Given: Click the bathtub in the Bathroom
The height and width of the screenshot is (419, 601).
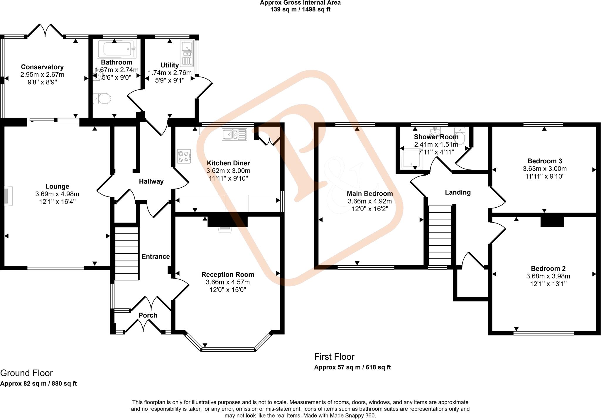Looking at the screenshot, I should [x=117, y=49].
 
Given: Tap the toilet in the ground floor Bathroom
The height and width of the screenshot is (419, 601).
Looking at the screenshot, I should [x=102, y=99].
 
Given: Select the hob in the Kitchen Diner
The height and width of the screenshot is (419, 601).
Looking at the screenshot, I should [x=184, y=157].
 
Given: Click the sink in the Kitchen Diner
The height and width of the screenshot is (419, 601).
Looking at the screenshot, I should [x=234, y=135].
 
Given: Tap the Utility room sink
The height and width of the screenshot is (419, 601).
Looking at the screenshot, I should [x=187, y=53].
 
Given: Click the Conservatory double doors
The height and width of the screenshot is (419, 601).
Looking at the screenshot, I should [x=45, y=30].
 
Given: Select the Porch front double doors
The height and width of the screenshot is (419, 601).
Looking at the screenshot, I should [x=143, y=325].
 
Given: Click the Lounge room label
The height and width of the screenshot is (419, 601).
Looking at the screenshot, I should [x=57, y=186].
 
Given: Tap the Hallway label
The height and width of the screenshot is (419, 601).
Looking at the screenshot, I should [x=151, y=181].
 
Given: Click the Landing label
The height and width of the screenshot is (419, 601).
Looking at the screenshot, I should [x=457, y=192].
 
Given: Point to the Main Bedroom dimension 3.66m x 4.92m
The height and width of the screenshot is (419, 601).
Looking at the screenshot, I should [x=370, y=201].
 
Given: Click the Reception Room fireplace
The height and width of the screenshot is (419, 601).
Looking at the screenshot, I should [x=225, y=229].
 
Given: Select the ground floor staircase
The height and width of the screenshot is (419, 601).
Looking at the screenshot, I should [x=126, y=253].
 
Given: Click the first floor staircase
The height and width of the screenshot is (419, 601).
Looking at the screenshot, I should [x=440, y=235].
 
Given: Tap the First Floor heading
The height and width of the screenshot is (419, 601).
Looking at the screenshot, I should [x=334, y=357].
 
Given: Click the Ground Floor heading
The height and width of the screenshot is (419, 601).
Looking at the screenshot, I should [x=26, y=373].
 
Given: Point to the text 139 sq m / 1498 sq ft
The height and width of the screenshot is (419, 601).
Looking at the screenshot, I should [x=300, y=9].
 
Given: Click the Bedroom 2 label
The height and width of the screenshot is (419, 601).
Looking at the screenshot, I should [x=544, y=268].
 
